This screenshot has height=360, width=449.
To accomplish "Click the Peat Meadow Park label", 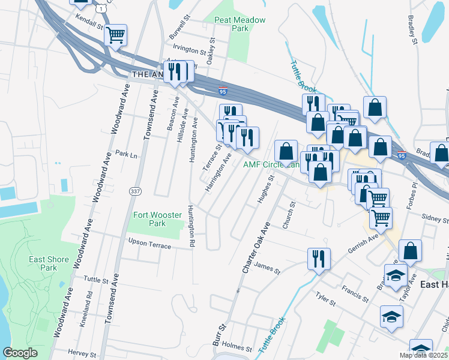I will click(240, 24).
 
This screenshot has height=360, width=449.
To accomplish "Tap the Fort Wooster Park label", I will click(149, 219).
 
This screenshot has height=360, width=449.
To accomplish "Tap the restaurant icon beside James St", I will click(319, 259).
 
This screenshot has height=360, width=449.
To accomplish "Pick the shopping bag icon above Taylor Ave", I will click(410, 250).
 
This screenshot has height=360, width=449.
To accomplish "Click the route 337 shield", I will click(135, 190).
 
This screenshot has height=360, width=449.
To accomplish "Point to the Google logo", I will click(20, 353).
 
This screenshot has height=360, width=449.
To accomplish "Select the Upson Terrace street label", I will click(149, 244).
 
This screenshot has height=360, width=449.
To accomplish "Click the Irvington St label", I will click(190, 47).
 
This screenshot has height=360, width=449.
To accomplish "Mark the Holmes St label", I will click(237, 347).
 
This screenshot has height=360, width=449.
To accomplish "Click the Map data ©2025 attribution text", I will click(423, 355).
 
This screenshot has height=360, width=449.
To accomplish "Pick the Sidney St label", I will click(435, 217).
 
